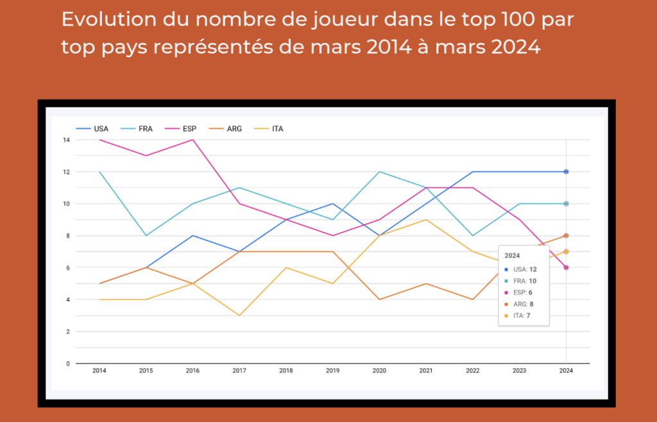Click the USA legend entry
(94, 128)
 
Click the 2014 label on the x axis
(99, 371)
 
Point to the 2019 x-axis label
(332, 371)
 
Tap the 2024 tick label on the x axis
(566, 371)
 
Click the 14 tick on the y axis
(66, 140)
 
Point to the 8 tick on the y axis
(67, 236)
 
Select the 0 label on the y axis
(67, 364)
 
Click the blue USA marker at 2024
(566, 171)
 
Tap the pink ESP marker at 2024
(566, 267)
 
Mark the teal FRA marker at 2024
(566, 204)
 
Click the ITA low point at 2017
(239, 315)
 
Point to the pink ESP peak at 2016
(192, 140)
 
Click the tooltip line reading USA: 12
(522, 268)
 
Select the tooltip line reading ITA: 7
(520, 315)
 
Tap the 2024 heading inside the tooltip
(512, 256)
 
